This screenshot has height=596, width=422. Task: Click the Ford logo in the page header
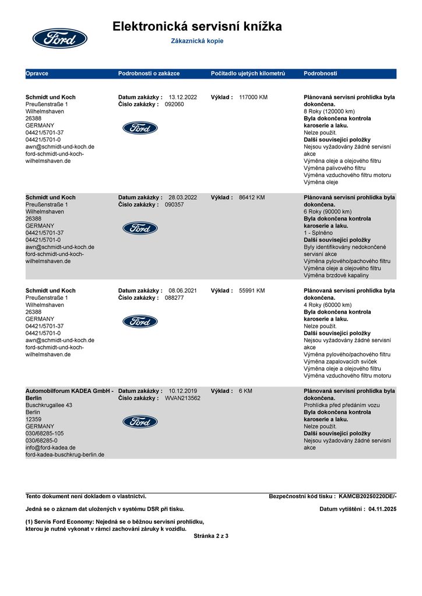(x=59, y=38)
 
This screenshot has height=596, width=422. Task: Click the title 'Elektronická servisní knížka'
(x=197, y=26)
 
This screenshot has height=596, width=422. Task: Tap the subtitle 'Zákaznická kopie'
(x=197, y=41)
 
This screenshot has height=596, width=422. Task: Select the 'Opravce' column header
(x=37, y=74)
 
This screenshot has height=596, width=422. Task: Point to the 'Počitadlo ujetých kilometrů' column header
(x=248, y=74)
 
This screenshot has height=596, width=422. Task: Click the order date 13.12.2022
(x=183, y=97)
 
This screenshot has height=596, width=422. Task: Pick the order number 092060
(x=174, y=104)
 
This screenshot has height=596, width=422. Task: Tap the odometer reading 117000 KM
(x=253, y=97)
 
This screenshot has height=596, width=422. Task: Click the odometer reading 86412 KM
(x=252, y=197)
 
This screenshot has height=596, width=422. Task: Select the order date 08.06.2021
(x=183, y=290)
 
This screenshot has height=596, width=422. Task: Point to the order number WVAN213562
(x=182, y=398)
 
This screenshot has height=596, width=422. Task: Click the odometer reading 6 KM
(x=245, y=391)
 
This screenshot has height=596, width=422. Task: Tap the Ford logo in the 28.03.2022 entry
(x=140, y=228)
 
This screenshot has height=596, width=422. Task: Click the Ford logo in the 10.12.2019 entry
(x=140, y=421)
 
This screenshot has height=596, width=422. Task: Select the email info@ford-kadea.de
(x=51, y=448)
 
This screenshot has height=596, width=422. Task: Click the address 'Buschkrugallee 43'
(x=49, y=405)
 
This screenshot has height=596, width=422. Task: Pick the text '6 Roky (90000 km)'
(x=328, y=212)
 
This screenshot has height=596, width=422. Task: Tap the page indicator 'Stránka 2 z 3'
(x=211, y=535)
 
